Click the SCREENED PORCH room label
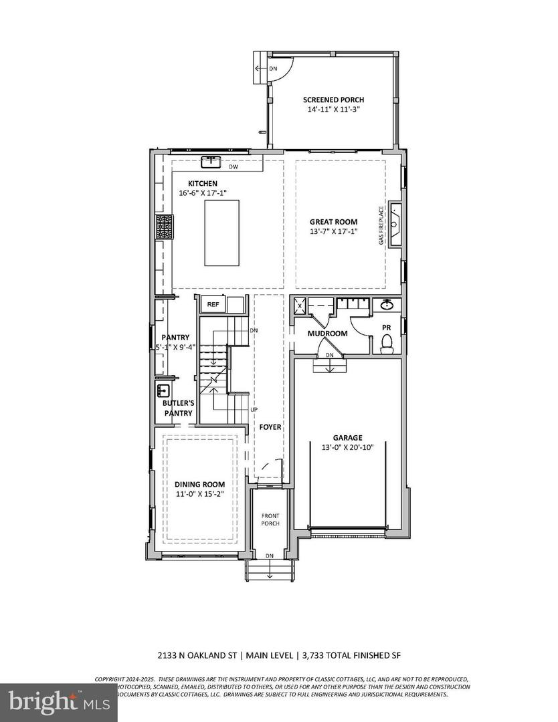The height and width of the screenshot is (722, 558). [x=333, y=100]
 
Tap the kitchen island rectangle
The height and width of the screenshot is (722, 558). [x=221, y=233]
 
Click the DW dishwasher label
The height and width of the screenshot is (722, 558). [x=233, y=166]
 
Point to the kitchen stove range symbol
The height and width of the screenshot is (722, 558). [x=165, y=226]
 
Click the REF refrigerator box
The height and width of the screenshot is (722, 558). [x=213, y=305]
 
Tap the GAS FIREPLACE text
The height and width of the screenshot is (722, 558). [x=381, y=225]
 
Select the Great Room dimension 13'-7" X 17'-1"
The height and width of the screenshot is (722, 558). [x=333, y=232]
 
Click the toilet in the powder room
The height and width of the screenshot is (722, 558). [x=386, y=343]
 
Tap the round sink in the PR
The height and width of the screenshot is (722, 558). [x=386, y=305]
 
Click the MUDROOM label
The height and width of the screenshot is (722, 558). [x=327, y=333]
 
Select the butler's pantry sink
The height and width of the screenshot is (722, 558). [x=163, y=391]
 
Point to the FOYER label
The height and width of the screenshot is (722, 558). [x=270, y=427]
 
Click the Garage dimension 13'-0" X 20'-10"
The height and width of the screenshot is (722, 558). [x=348, y=448]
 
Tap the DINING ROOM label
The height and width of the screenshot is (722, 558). [x=199, y=484]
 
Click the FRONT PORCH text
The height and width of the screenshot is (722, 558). [x=270, y=519]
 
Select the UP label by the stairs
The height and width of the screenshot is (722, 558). [x=253, y=408]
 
